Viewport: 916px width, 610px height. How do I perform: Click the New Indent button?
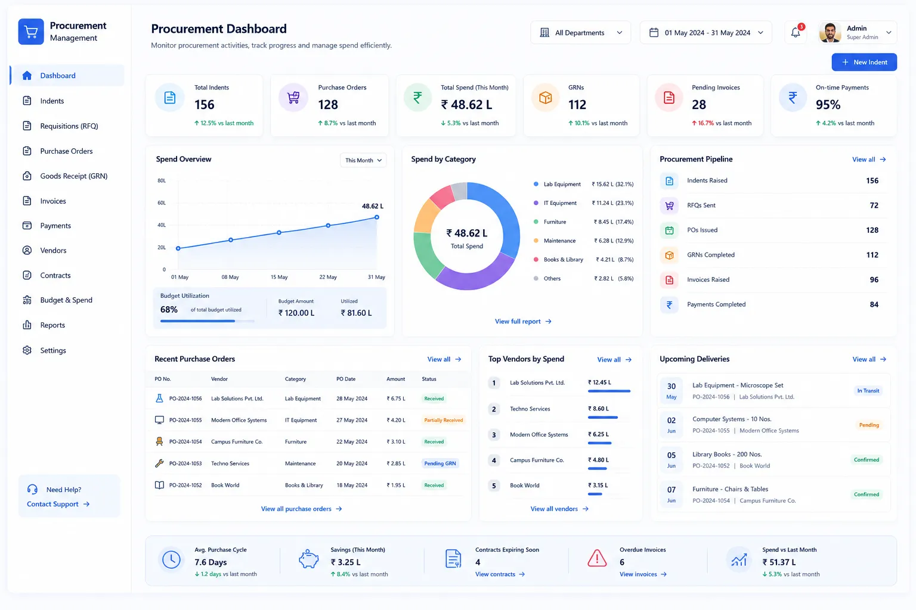click(x=864, y=62)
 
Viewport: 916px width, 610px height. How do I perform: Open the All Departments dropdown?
click(x=580, y=33)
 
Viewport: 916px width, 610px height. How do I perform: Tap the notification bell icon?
click(x=796, y=32)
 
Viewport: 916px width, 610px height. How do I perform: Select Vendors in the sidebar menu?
click(x=53, y=250)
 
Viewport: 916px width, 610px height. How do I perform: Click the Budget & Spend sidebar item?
click(x=66, y=300)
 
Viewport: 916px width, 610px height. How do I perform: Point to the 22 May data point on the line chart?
click(x=328, y=226)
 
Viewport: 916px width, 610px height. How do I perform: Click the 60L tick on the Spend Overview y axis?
click(x=162, y=203)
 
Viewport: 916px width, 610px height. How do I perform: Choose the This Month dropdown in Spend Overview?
click(x=363, y=160)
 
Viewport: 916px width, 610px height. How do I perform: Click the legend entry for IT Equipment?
click(x=560, y=203)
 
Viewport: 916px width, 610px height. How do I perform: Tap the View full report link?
click(x=523, y=322)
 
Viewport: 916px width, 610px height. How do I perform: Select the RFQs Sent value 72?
click(x=874, y=206)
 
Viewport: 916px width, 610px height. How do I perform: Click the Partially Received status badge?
click(x=443, y=420)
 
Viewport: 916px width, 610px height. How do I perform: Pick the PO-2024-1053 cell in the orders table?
click(x=185, y=463)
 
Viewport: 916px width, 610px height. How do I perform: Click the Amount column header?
click(x=395, y=379)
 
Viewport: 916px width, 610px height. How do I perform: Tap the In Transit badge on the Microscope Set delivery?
click(x=868, y=391)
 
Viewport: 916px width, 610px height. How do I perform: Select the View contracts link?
click(x=500, y=574)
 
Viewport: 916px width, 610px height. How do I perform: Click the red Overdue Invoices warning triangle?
click(x=596, y=558)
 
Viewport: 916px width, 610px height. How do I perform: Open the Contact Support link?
click(x=58, y=504)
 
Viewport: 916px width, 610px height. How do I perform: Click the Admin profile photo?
click(x=830, y=33)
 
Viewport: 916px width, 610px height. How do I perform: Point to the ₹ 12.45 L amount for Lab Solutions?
click(x=599, y=382)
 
